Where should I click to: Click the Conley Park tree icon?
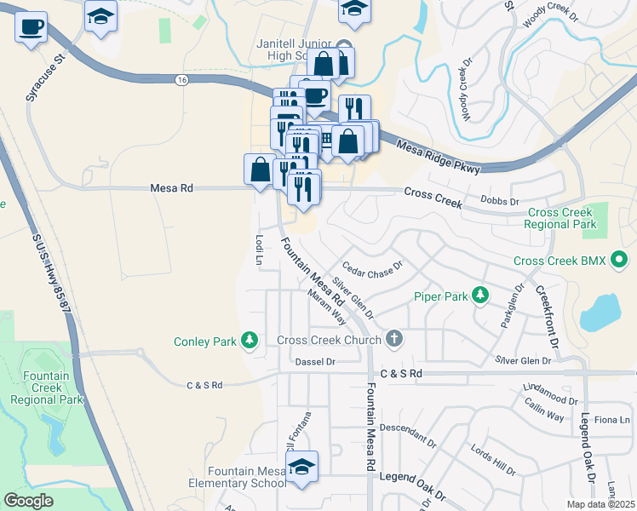[x=250, y=342]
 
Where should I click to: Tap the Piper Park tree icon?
[x=481, y=296]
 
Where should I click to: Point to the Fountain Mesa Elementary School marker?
[x=301, y=468]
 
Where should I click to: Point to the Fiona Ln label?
[x=611, y=420]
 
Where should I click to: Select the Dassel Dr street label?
[x=315, y=362]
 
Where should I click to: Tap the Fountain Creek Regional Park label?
[x=53, y=388]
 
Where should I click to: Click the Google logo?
[x=28, y=501]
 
